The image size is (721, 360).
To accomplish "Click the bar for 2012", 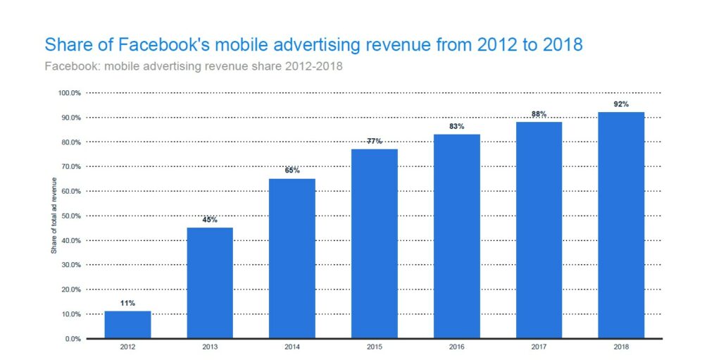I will point(127,325).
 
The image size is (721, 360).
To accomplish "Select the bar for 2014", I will point(292,259).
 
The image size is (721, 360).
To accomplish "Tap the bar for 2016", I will point(456,236).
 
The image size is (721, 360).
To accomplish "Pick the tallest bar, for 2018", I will point(621,225).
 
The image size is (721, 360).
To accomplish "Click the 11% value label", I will point(127,303).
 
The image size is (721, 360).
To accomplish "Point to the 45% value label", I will point(210,220).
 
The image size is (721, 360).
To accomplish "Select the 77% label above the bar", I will point(375,141).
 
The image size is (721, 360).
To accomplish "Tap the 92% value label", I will point(621,104).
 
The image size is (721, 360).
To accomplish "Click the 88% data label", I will point(539,114).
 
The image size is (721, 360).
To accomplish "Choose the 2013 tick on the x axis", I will point(210,347).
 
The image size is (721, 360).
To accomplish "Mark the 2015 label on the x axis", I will point(375,347).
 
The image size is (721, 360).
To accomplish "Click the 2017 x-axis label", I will point(539,347).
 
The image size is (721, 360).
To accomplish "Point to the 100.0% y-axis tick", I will point(69,93).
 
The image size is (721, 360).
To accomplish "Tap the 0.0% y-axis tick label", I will point(72,339).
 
